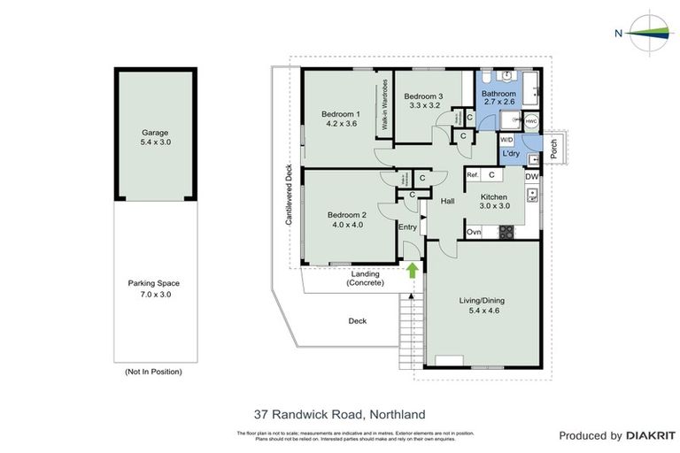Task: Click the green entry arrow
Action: pyautogui.click(x=412, y=269)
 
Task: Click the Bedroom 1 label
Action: pyautogui.click(x=340, y=114)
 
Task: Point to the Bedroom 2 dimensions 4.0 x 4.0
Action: pyautogui.click(x=346, y=225)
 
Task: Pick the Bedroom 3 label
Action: pyautogui.click(x=423, y=96)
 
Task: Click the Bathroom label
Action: pyautogui.click(x=499, y=94)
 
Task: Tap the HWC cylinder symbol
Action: pyautogui.click(x=529, y=122)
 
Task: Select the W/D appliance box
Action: pyautogui.click(x=507, y=140)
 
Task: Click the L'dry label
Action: pyautogui.click(x=511, y=155)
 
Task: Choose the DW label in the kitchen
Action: pyautogui.click(x=531, y=177)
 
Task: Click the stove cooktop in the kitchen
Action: pyautogui.click(x=506, y=232)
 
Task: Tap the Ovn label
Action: pyautogui.click(x=474, y=232)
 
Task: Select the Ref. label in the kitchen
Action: pyautogui.click(x=473, y=175)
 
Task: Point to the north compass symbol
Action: pyautogui.click(x=651, y=33)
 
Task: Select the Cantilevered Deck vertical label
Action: pyautogui.click(x=289, y=195)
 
